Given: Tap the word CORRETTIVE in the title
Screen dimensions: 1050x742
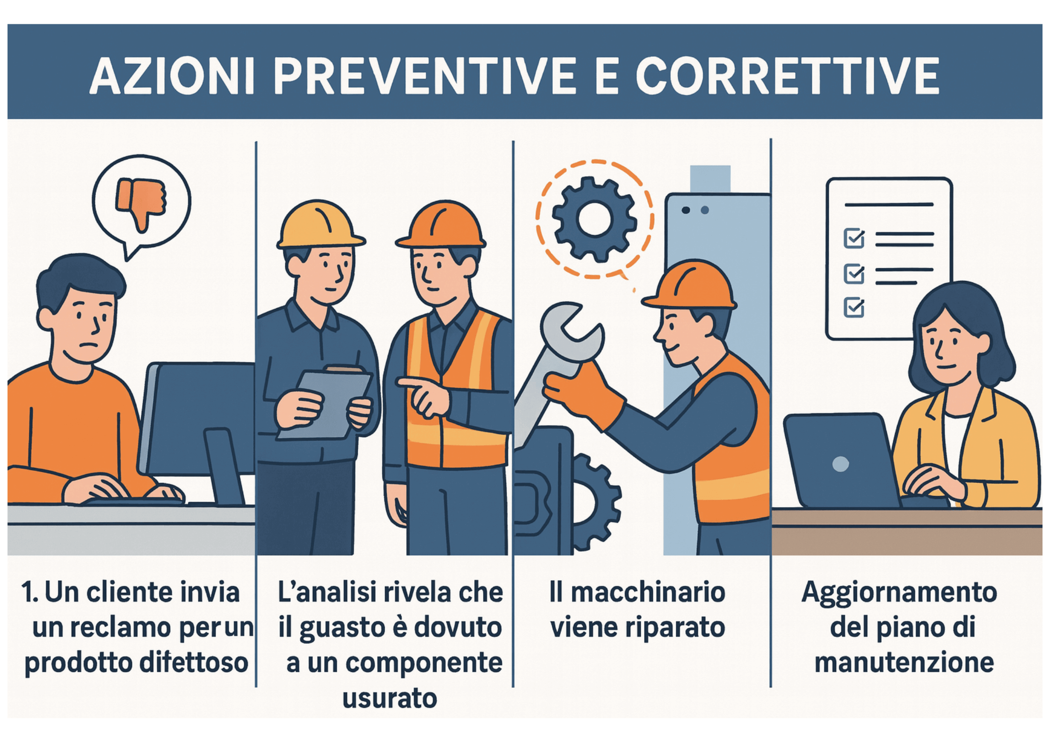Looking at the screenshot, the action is tap(788, 76).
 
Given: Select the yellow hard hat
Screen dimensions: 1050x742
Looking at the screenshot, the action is tap(320, 224).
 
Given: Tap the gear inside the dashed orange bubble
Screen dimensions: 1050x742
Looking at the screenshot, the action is tap(594, 219).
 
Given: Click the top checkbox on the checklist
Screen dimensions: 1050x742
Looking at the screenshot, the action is tap(854, 238).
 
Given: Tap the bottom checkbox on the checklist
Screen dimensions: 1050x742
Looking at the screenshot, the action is tap(854, 308).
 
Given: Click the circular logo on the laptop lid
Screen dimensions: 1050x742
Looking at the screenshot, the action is tap(840, 464).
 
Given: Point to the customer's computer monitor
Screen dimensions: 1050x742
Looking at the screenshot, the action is tap(199, 421).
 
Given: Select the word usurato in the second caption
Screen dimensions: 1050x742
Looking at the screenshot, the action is tap(390, 699).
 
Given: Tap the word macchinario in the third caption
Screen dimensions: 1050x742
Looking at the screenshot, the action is tap(648, 592).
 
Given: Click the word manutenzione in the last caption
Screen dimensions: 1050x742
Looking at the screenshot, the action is tap(904, 663).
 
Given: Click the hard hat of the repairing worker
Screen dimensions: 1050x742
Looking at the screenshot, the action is tap(690, 285).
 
